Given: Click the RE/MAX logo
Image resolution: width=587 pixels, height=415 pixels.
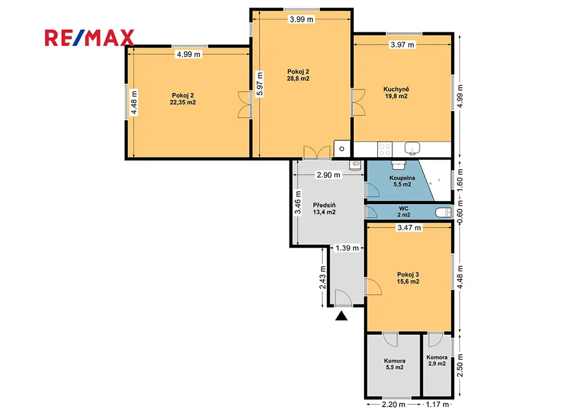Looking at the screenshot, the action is point(89,38).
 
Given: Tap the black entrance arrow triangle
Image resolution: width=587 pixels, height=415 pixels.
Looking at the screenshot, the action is point(341,316).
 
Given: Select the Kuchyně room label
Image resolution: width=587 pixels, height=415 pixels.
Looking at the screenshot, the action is point(396,92).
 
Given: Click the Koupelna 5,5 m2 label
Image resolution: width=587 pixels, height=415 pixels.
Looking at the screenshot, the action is point(402,181).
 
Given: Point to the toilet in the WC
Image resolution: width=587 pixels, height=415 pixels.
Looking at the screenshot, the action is point(444,213).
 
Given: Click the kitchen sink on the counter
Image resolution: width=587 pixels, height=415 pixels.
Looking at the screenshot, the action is point(412,148).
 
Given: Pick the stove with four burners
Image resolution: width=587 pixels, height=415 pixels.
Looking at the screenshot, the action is point(385,149).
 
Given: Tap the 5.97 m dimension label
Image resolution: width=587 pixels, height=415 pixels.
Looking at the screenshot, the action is point(260,84).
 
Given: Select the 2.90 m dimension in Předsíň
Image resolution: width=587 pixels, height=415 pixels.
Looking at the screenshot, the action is point(328,175).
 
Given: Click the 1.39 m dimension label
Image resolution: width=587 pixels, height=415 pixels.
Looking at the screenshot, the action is point(347,248).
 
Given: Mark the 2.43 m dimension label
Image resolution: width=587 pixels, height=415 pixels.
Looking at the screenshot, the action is point(323,277).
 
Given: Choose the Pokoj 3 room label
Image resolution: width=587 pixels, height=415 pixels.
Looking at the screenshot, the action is point(408,278).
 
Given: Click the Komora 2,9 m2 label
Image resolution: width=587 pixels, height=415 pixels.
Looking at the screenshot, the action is point(437,361).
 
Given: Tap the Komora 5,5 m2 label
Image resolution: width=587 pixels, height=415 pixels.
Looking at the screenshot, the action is point(394,364).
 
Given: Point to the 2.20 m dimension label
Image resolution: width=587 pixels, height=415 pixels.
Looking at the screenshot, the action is point(393,404).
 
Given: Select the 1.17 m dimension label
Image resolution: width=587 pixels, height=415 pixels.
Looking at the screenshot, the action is point(437,404).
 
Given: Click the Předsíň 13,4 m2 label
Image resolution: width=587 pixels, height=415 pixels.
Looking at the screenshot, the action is point(324,209).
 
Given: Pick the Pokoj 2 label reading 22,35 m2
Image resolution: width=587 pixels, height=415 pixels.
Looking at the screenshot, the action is point(183,99).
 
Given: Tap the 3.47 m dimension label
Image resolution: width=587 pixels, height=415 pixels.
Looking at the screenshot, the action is point(409,228).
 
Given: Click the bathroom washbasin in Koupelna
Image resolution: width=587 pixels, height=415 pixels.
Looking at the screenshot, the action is point(399,165).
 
